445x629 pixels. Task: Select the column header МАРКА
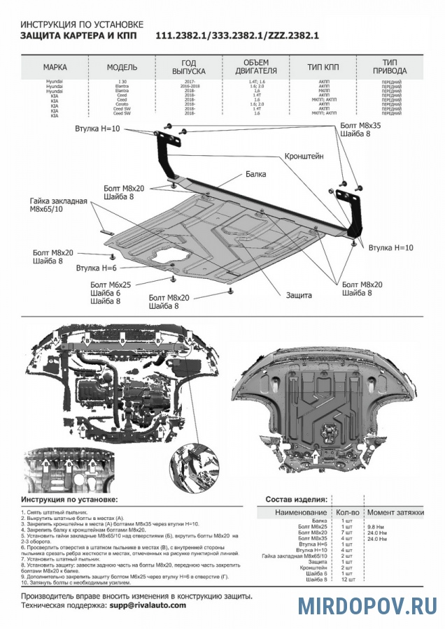(x=55, y=67)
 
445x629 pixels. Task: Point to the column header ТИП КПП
(x=323, y=67)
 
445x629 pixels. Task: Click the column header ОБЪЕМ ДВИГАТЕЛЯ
(x=260, y=66)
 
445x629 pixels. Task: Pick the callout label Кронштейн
(x=304, y=157)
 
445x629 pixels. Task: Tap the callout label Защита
(x=298, y=295)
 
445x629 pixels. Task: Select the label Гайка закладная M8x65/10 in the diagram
(x=58, y=205)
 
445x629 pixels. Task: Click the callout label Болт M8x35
(x=360, y=125)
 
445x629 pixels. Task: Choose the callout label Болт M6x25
(x=111, y=285)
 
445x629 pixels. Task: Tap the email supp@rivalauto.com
(x=148, y=605)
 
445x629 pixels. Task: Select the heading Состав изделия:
(x=297, y=500)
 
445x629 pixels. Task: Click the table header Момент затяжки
(x=395, y=512)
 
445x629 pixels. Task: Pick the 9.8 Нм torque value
(x=376, y=527)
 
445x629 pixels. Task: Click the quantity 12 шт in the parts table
(x=346, y=579)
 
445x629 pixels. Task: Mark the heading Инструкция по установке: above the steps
(x=69, y=500)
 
